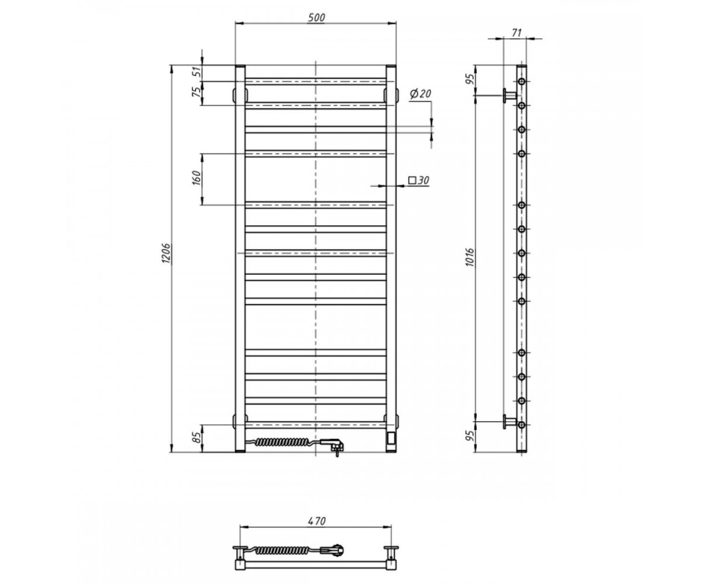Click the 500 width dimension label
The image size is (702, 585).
(316, 18)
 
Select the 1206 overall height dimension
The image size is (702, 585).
(167, 253)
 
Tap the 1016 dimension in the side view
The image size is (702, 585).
(470, 257)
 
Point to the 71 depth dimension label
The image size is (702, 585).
(516, 33)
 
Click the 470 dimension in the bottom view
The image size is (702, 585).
(316, 521)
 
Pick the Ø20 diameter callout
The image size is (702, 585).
(421, 94)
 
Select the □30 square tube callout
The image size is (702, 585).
(419, 181)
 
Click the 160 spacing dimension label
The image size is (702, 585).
(197, 178)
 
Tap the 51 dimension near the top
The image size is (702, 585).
(197, 71)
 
